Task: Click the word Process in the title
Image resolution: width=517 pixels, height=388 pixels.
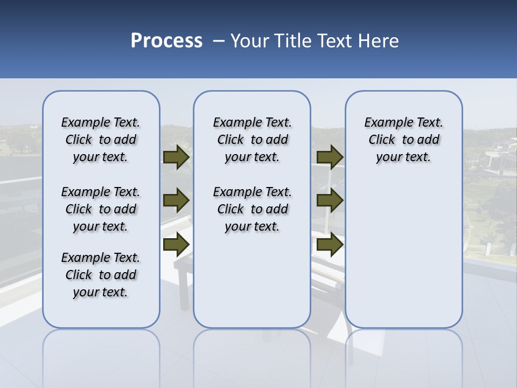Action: pyautogui.click(x=166, y=41)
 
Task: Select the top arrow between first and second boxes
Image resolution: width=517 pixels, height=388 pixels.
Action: pyautogui.click(x=176, y=157)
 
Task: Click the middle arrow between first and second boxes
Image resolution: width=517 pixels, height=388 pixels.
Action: pyautogui.click(x=176, y=200)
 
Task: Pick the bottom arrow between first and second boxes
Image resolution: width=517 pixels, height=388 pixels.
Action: pyautogui.click(x=176, y=245)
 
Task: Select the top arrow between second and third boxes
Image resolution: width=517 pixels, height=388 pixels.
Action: pyautogui.click(x=330, y=157)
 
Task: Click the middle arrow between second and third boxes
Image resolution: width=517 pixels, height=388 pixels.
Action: pyautogui.click(x=330, y=200)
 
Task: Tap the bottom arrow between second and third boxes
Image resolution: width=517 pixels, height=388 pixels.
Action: pyautogui.click(x=330, y=245)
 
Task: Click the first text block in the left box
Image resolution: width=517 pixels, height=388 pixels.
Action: pyautogui.click(x=101, y=140)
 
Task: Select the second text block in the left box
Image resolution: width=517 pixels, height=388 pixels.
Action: pyautogui.click(x=101, y=209)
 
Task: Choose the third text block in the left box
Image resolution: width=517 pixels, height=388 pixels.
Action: pyautogui.click(x=101, y=275)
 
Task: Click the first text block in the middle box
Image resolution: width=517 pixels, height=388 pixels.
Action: pyautogui.click(x=252, y=140)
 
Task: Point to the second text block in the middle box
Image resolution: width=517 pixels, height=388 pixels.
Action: pyautogui.click(x=252, y=209)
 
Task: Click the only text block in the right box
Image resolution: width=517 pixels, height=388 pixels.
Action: pyautogui.click(x=403, y=140)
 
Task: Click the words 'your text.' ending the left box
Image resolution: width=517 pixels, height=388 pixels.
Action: pyautogui.click(x=101, y=293)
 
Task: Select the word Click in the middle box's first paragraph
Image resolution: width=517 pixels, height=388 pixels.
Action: pyautogui.click(x=230, y=140)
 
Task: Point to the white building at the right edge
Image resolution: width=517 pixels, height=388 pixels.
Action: pyautogui.click(x=498, y=159)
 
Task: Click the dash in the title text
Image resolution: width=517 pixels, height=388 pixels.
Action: pyautogui.click(x=219, y=41)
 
